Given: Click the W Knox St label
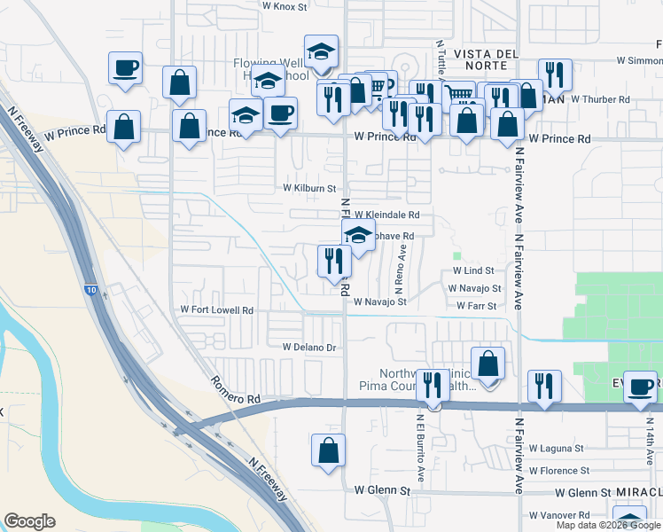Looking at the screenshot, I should (x=285, y=5).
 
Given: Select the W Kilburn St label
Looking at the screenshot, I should (x=309, y=188).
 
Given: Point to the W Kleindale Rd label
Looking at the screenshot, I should (x=386, y=215).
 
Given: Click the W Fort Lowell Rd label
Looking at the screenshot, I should (x=217, y=310).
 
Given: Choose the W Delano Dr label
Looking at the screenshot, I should (x=309, y=348).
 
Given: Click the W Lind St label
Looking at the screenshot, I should (x=472, y=270).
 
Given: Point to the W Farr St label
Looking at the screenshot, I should (x=476, y=306).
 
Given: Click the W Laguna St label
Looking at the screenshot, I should (x=558, y=449).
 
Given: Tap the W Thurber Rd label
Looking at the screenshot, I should (x=600, y=99).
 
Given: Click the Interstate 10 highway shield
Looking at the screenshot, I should (x=92, y=289).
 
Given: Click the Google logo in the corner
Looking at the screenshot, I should (x=29, y=521).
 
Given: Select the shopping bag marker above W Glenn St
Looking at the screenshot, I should (x=328, y=449).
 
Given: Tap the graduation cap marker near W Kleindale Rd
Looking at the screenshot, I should (x=358, y=237).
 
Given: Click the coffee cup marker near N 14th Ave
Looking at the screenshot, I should (x=640, y=386).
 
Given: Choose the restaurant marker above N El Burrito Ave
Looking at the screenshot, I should (x=433, y=385).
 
